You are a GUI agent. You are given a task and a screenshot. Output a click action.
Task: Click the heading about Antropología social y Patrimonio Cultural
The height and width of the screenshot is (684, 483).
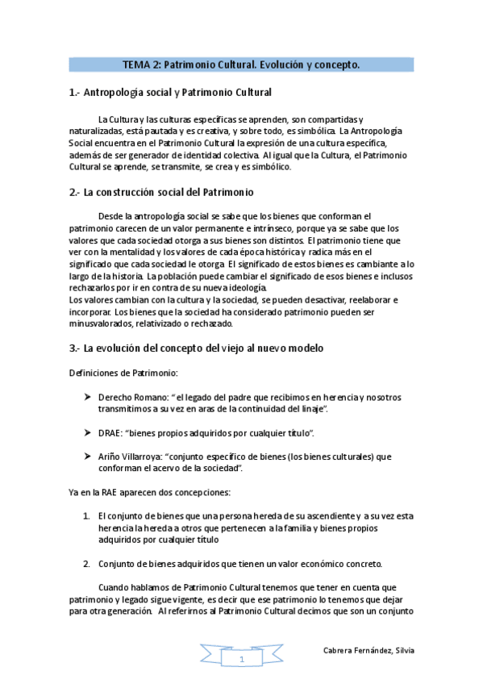click(171, 93)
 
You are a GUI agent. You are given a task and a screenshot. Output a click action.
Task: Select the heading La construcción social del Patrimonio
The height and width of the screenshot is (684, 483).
click(161, 192)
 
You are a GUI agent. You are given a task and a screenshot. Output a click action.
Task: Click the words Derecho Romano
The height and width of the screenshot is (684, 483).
click(126, 398)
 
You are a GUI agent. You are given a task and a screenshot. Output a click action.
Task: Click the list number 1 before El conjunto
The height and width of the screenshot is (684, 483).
click(86, 515)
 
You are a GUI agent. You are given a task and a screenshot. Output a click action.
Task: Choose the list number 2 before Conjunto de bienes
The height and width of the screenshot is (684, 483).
click(86, 563)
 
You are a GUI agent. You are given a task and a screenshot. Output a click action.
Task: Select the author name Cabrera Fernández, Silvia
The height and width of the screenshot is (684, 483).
click(368, 650)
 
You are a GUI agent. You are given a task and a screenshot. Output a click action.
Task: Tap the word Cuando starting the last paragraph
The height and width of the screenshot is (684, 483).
click(112, 587)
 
